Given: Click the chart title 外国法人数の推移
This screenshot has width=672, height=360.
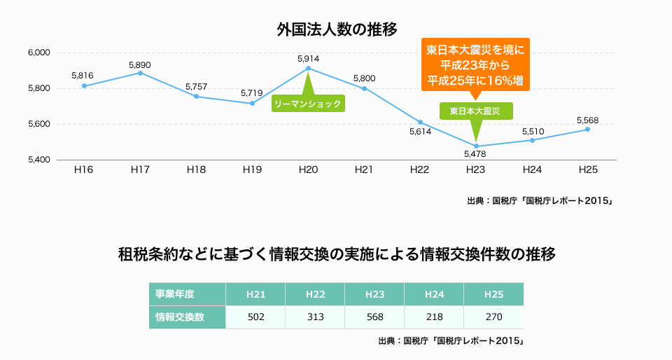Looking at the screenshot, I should [337, 29].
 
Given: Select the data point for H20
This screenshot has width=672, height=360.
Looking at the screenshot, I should [309, 68].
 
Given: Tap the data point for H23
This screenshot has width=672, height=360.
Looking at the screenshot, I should [476, 146].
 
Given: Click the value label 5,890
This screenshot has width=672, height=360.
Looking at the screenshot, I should [140, 64].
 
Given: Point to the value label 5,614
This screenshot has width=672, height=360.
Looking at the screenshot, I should [420, 131].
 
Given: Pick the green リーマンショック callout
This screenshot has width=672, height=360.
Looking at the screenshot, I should [309, 104].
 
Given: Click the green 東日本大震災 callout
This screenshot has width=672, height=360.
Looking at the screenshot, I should [476, 111].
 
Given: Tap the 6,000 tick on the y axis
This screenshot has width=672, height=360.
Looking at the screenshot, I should [39, 53].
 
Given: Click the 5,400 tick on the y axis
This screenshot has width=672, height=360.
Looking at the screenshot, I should [39, 160].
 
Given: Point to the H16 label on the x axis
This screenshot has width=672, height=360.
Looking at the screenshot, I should [84, 169].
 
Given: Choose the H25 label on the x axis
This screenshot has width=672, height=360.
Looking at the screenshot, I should [588, 169].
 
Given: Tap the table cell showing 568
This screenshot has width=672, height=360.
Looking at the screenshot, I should [374, 317].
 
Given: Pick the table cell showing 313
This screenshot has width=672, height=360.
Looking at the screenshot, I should [315, 317].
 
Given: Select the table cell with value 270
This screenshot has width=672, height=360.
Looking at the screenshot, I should [493, 317].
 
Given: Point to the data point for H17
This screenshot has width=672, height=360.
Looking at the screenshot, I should [141, 73].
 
